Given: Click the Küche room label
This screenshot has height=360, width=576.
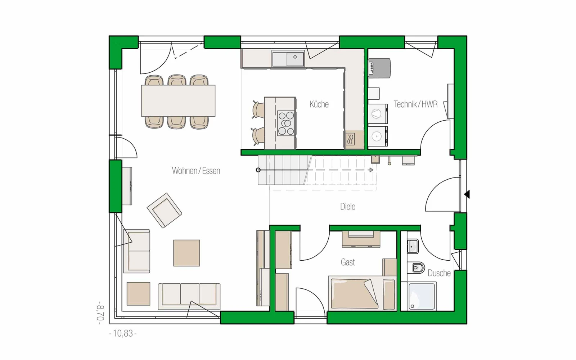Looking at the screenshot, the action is coord(319,104).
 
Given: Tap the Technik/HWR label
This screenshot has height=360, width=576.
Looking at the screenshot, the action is coord(415,104).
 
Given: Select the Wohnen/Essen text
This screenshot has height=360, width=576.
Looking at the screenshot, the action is coord(196,171).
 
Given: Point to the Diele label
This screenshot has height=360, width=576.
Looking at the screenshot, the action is coord(348,207).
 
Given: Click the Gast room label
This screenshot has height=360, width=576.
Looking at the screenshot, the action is coord(348,262).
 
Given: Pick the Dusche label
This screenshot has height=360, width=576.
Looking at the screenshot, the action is coord(439,273).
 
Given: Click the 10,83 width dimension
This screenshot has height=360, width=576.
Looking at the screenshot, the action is coord(123,333).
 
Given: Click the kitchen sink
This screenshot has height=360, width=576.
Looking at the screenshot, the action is coord(288,59).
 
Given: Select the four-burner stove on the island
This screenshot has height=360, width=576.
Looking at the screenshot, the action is coord(286,123).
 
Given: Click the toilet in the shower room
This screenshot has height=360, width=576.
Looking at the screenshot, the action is coord(416,268).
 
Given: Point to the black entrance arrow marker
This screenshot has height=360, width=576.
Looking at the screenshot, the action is coord(467,194).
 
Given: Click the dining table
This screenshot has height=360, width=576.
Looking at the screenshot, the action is coord(178,101).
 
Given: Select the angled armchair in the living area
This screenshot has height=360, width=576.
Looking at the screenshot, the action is coord(164,210).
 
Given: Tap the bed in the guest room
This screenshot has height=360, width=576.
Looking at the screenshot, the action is coord(363,293).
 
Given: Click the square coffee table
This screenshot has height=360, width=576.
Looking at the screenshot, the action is coord(186,253).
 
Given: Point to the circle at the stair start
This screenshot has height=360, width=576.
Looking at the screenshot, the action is coord(258,170).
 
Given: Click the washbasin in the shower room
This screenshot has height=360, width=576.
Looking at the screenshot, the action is coord(412,246).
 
